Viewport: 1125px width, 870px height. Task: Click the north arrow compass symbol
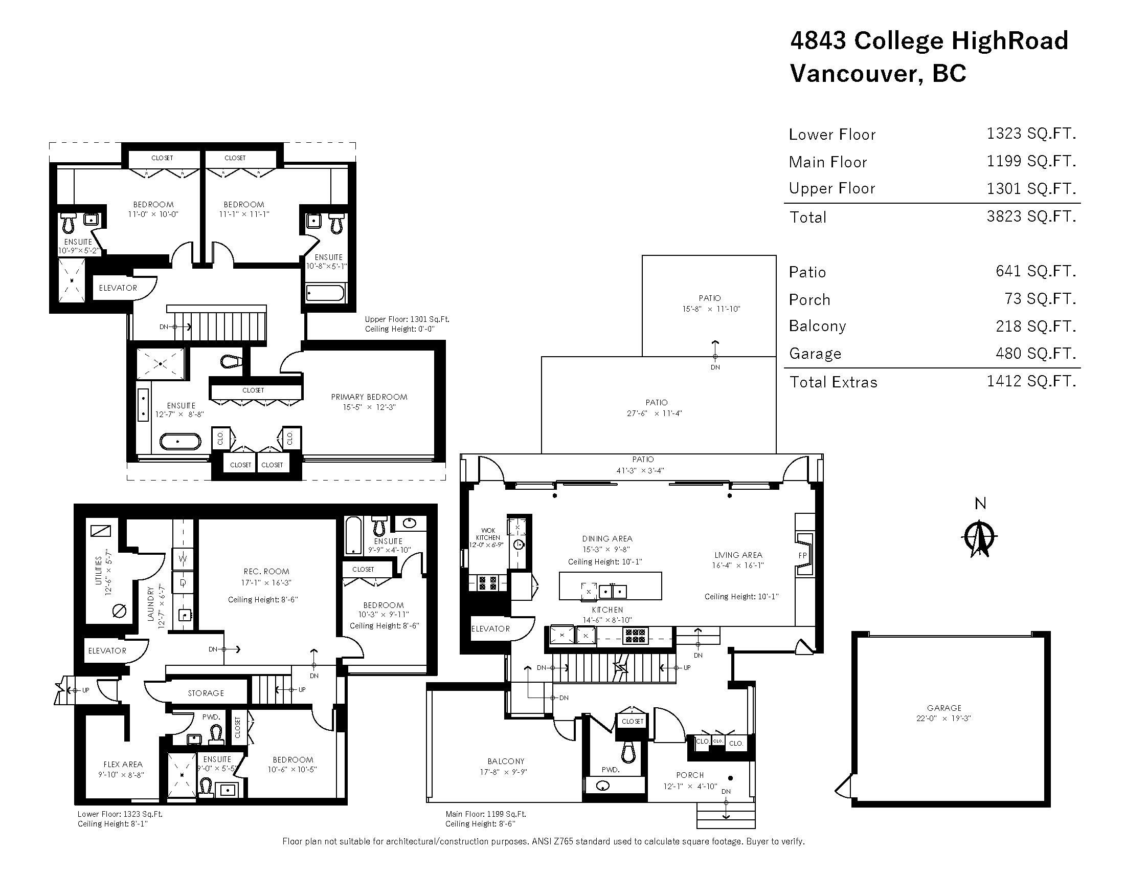point(980,539)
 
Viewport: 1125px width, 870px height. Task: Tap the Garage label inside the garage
point(943,708)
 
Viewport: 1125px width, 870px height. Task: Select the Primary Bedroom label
point(369,397)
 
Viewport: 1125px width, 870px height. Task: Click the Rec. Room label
point(266,571)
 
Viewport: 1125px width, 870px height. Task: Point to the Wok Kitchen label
point(487,534)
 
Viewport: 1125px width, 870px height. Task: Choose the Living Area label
point(737,555)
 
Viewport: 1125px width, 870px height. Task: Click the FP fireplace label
point(802,555)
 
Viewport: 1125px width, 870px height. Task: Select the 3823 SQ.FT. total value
point(1031,216)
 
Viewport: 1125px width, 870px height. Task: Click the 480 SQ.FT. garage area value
point(1036,353)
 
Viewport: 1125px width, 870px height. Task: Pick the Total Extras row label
point(833,382)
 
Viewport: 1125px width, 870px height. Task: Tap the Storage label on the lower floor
point(206,693)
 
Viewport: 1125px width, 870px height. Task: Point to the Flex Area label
point(123,765)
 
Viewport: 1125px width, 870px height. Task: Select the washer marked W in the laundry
point(183,558)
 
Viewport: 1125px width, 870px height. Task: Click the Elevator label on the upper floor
point(118,288)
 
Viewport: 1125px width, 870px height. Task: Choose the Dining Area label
point(607,538)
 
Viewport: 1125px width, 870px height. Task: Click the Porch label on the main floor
point(690,775)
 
